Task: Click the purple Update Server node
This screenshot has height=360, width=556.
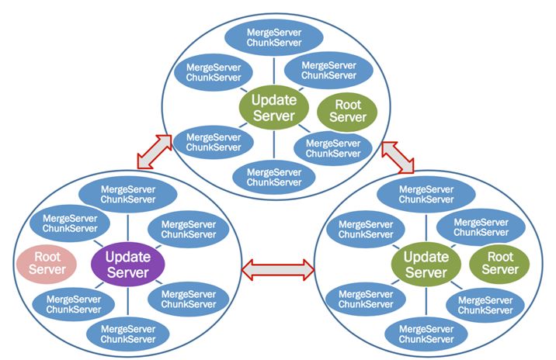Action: (x=127, y=263)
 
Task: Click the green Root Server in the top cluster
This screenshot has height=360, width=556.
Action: (x=348, y=109)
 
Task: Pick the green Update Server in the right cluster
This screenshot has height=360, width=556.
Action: (x=426, y=264)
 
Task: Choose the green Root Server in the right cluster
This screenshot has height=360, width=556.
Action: (x=499, y=262)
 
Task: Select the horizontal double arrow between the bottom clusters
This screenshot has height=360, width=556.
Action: (x=278, y=269)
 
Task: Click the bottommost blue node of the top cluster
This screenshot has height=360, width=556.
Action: (x=273, y=177)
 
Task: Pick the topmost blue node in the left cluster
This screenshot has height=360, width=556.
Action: (x=127, y=194)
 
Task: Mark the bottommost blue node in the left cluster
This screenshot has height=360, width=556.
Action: (x=127, y=333)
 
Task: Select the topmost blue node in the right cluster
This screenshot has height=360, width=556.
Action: (x=426, y=194)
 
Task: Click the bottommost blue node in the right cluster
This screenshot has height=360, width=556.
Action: (x=426, y=333)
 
